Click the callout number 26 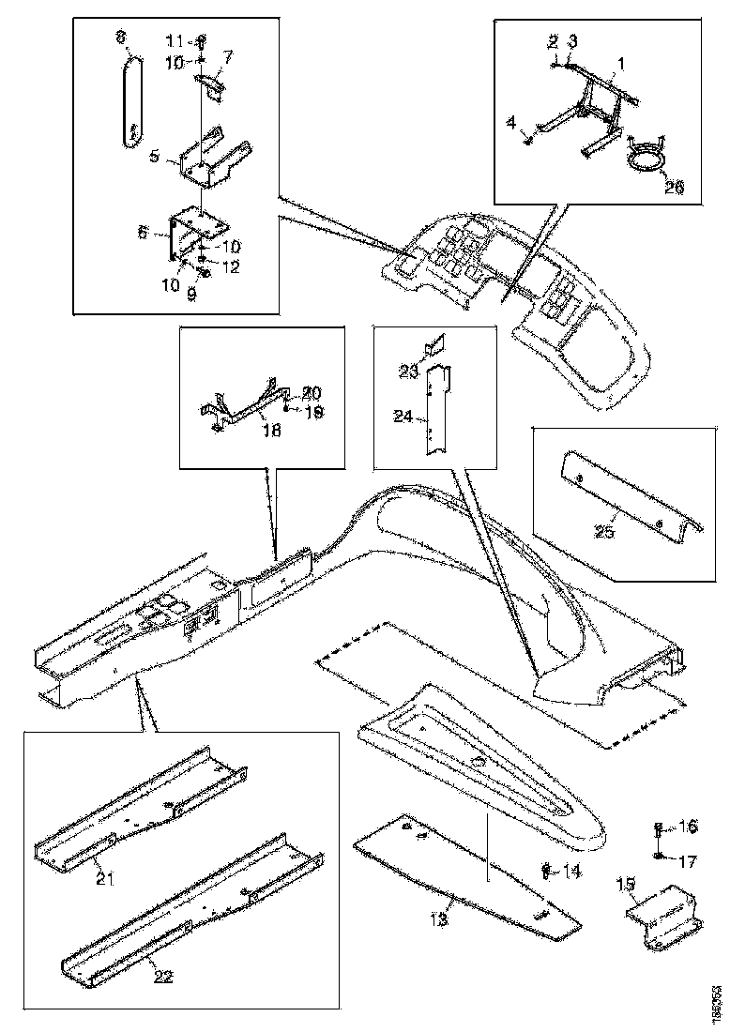pyautogui.click(x=674, y=186)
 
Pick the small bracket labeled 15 pyautogui.click(x=665, y=909)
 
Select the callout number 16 pyautogui.click(x=688, y=827)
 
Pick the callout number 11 pyautogui.click(x=175, y=41)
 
